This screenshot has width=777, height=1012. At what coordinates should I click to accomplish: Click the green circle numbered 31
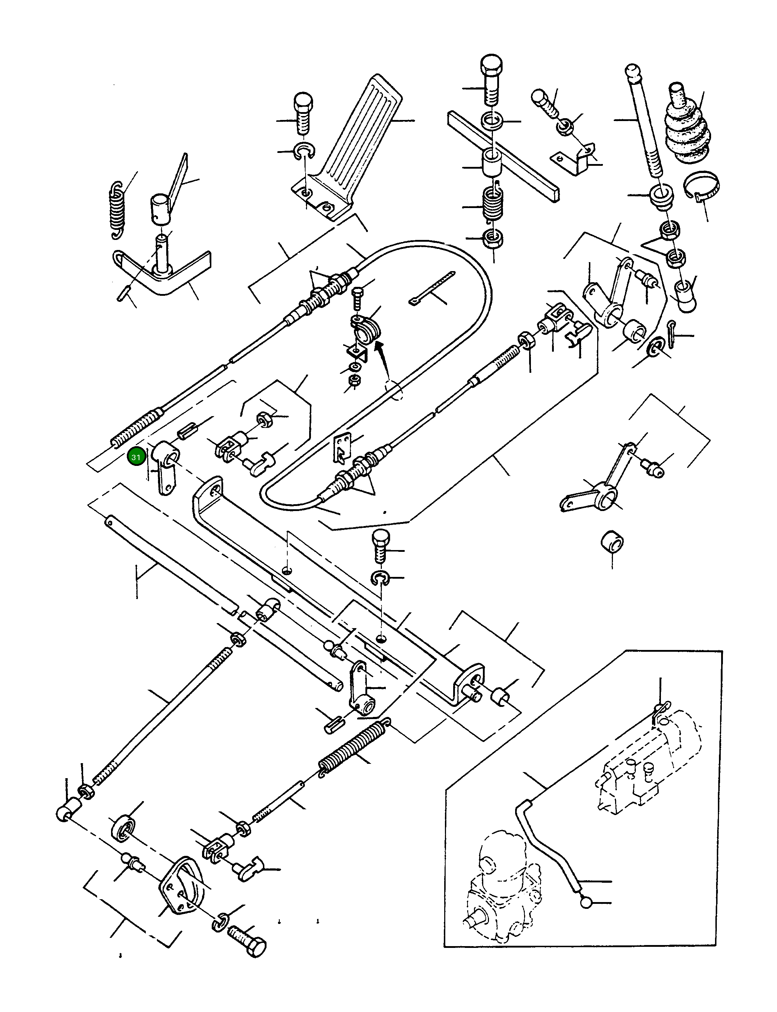(136, 457)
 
